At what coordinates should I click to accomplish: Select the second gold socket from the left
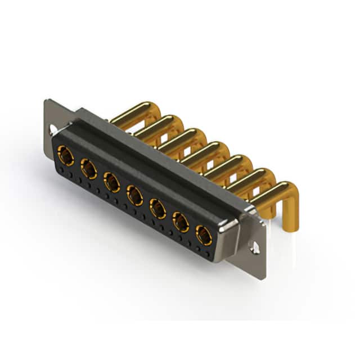(88, 168)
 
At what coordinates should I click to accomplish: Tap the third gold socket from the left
(111, 182)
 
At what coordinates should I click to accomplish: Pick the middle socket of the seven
(134, 195)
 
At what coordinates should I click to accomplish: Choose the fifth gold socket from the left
(158, 209)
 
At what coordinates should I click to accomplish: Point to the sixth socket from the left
(181, 223)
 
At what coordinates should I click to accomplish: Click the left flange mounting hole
(52, 130)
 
